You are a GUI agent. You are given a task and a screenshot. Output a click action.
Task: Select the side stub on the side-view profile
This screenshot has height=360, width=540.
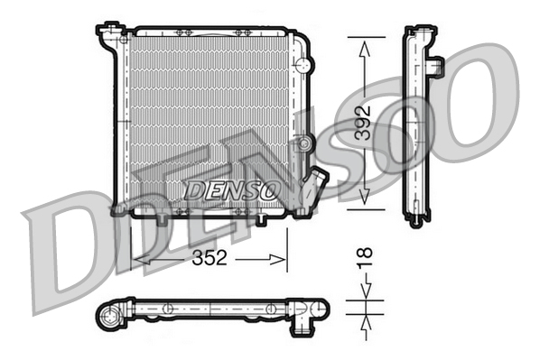click(436, 67)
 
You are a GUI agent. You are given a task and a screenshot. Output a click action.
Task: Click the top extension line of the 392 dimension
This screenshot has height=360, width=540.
click(366, 37)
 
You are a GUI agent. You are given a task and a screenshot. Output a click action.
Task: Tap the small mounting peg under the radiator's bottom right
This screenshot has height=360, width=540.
click(261, 218)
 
